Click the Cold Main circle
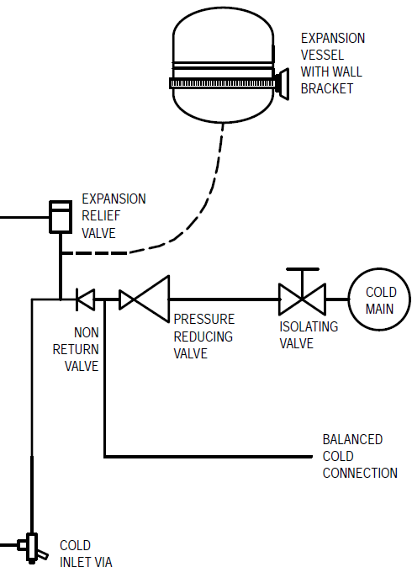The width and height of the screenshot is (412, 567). pos(349,299)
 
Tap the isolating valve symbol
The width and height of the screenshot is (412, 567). pos(302,299)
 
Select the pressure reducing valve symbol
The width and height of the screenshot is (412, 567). pos(145,299)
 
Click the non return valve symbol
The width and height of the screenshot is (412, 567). pos(86,299)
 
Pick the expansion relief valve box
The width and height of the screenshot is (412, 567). pos(61,217)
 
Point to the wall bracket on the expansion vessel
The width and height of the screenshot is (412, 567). pos(283,84)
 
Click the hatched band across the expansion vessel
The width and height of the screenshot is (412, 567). pos(223,83)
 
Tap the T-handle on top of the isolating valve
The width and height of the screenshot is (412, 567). pos(303,269)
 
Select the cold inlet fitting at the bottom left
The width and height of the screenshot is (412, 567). pos(33,548)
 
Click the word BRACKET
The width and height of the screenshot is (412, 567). pos(327,88)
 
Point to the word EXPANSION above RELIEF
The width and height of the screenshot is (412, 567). pos(114,199)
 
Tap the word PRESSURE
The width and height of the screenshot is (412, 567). pos(204,320)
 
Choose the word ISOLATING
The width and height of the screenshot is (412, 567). pos(309,326)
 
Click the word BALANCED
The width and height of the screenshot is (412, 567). pos(352,439)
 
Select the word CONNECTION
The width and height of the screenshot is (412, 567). pos(360,473)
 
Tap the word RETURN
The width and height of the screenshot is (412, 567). pos(76,349)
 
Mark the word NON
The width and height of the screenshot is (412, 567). pos(86,332)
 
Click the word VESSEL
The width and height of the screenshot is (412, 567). pos(322,55)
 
